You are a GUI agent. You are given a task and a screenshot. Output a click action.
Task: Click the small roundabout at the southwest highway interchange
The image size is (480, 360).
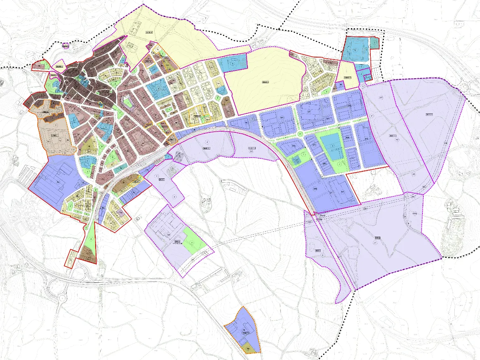62,298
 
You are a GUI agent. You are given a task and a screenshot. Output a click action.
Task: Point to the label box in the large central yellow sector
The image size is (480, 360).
265,82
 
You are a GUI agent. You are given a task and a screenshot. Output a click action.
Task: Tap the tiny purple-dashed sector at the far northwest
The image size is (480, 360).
65,46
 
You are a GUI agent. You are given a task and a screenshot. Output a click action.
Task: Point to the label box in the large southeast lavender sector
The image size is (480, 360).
377,238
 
